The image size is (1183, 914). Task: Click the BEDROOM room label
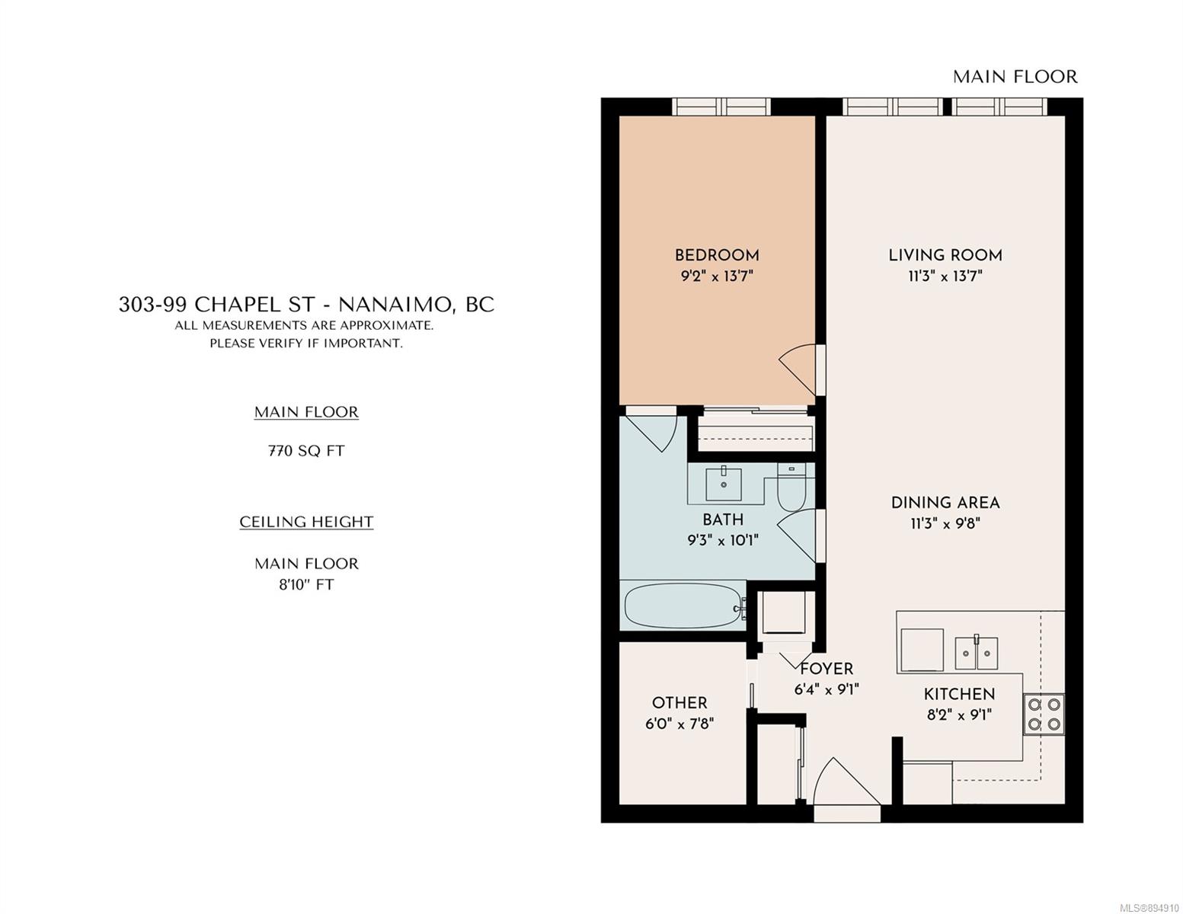tap(717, 254)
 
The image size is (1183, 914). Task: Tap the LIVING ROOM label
tap(945, 254)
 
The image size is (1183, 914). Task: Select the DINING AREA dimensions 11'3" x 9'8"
tap(945, 523)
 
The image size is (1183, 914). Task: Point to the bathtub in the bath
tap(684, 606)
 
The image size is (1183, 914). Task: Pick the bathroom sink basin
tap(723, 484)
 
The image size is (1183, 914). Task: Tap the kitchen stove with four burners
tap(1044, 714)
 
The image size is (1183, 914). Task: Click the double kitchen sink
tap(976, 653)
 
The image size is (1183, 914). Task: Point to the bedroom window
tap(721, 107)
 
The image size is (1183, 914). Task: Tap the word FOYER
tap(826, 669)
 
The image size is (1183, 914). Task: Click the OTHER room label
tap(679, 703)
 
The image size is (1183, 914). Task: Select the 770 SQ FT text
tap(306, 451)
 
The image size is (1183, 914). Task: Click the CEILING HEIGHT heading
tap(306, 522)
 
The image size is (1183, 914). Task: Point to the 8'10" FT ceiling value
tap(306, 585)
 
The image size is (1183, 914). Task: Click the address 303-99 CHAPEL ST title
tap(217, 304)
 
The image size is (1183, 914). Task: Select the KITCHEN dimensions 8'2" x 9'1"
tap(959, 714)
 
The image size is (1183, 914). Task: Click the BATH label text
tap(723, 519)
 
